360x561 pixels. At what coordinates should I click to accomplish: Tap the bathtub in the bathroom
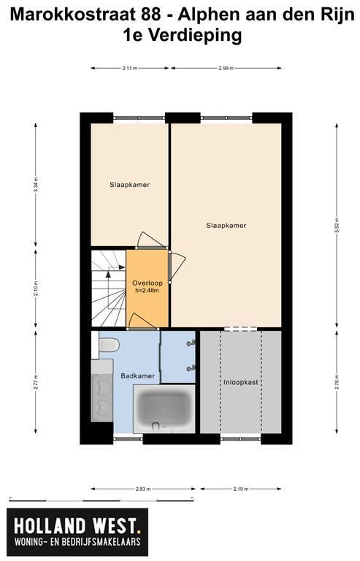[x=164, y=409]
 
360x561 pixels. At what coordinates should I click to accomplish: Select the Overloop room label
[x=148, y=283]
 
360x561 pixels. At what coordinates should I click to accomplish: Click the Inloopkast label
[x=240, y=382]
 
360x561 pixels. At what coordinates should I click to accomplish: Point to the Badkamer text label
[x=137, y=376]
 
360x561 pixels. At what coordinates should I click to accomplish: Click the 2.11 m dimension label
[x=129, y=68]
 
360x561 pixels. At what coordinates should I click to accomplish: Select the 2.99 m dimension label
[x=226, y=68]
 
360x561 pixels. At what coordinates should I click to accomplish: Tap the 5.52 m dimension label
[x=337, y=225]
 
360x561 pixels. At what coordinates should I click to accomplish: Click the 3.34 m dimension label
[x=35, y=185]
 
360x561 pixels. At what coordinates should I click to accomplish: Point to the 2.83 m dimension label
[x=143, y=489]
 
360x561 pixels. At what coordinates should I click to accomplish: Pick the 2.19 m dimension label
[x=240, y=489]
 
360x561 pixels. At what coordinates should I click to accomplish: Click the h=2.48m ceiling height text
[x=147, y=291]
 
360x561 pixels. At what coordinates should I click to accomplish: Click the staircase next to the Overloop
[x=108, y=289]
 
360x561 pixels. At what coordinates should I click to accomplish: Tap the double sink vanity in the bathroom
[x=102, y=391]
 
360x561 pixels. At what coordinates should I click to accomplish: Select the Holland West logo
[x=77, y=532]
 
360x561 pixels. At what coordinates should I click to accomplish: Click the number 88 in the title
[x=151, y=15]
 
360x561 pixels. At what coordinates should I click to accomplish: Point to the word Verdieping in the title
[x=195, y=36]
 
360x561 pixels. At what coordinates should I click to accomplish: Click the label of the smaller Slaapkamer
[x=129, y=185]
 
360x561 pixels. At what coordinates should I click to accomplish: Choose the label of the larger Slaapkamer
[x=226, y=226]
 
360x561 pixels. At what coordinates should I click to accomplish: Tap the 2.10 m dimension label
[x=35, y=289]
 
